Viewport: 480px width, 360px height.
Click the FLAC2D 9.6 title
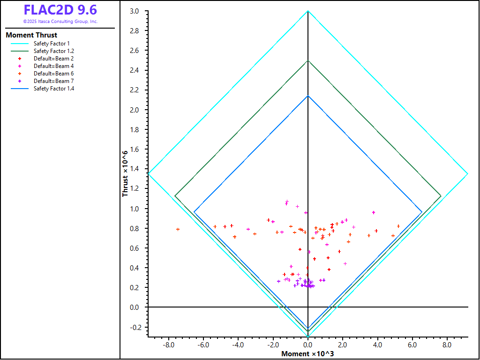pos(60,10)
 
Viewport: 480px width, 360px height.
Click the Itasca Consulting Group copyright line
pos(60,22)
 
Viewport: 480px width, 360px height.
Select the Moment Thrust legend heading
pos(31,35)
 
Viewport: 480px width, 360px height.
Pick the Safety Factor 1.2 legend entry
pos(53,51)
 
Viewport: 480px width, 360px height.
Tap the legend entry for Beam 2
pos(53,59)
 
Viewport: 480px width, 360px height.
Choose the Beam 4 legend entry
pos(53,66)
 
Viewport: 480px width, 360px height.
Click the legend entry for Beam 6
pos(53,74)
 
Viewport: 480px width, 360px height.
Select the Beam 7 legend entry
pos(53,81)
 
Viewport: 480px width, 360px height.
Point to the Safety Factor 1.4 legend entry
pos(53,89)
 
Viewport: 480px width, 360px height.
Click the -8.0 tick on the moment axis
pos(169,345)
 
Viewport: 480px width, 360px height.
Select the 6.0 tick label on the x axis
pos(412,345)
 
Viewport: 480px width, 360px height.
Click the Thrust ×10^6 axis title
pos(125,173)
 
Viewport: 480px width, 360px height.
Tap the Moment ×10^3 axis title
pos(307,354)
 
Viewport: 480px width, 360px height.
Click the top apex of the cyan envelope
pos(307,11)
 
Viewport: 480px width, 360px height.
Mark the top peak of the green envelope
pos(307,60)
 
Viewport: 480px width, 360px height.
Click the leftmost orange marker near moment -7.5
pos(178,229)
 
